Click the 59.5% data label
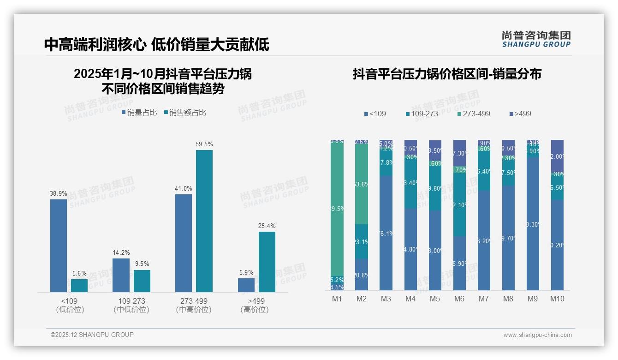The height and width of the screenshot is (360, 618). pos(204,144)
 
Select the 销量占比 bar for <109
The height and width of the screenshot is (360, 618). pos(59,246)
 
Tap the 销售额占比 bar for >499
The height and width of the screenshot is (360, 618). pos(267,262)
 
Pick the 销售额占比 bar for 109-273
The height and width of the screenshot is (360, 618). pos(142,281)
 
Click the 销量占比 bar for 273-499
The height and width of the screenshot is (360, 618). pos(184,243)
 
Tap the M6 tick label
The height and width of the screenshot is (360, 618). pos(459,299)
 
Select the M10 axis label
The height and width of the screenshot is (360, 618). pos(557,299)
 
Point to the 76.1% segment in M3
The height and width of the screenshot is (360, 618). pos(386,233)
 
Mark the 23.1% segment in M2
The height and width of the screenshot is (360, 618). pos(362,241)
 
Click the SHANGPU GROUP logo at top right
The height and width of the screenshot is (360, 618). pos(536,39)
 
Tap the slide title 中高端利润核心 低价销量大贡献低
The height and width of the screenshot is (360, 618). pos(156,44)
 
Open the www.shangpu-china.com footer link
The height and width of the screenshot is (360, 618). pos(537,335)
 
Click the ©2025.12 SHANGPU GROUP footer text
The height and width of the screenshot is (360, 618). pos(92,335)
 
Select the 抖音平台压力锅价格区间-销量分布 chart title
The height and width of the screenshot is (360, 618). pos(447,74)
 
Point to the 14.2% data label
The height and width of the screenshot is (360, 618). pos(121,252)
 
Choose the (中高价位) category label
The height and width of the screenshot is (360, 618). pos(194,310)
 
